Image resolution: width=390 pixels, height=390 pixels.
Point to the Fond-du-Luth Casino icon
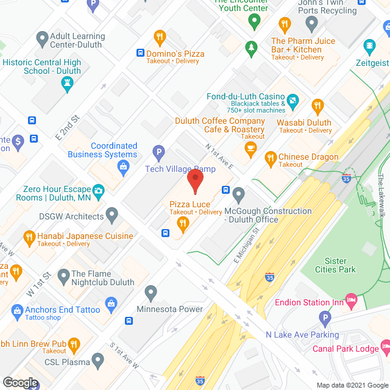293,100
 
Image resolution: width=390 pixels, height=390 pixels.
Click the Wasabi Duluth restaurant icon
317,107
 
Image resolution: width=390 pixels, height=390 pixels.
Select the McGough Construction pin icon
239,196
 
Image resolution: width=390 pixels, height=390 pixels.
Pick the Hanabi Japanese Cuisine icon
29,236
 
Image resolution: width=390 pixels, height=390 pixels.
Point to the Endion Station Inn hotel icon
351,299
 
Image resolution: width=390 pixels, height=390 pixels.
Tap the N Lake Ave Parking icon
326,319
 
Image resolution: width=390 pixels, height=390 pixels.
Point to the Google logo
20,383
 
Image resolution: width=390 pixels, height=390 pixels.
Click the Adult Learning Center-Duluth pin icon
42,40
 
